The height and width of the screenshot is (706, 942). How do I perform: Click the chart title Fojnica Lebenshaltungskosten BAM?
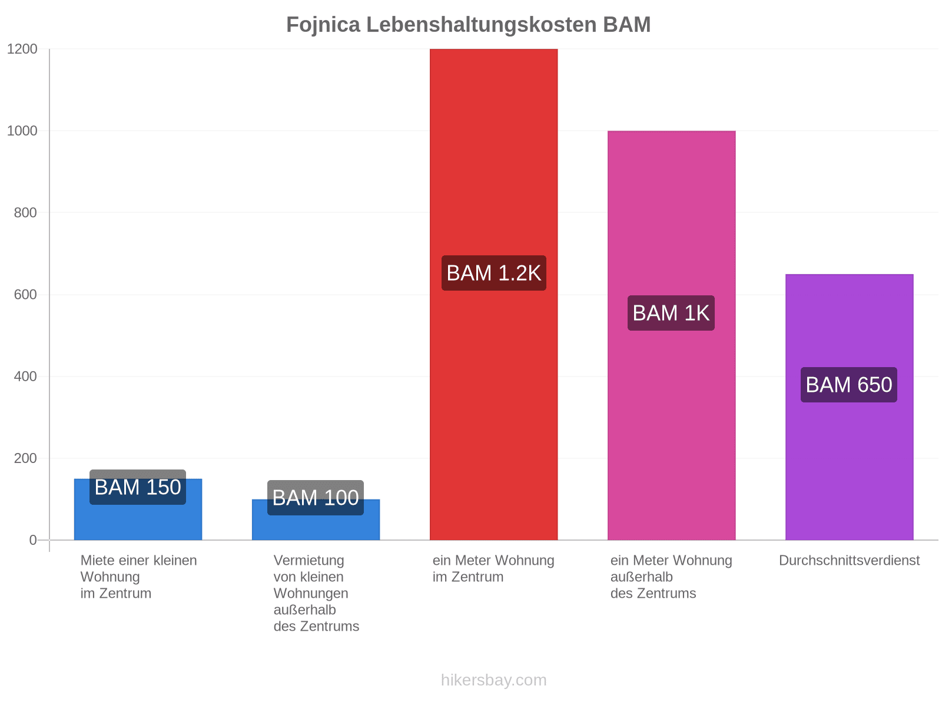[468, 25]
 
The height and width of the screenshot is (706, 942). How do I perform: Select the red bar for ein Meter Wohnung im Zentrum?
[493, 294]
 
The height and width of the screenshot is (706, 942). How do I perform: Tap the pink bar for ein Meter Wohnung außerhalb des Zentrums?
[671, 335]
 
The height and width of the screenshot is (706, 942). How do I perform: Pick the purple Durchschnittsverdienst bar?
[849, 407]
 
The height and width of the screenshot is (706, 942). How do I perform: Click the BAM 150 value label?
[138, 487]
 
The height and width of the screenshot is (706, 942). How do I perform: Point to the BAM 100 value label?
[316, 498]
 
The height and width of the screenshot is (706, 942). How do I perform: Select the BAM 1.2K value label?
[493, 273]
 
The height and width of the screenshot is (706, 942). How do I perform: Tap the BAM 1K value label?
[671, 313]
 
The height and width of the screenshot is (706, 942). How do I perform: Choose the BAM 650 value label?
[848, 385]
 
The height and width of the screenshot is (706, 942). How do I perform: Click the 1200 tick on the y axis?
[22, 49]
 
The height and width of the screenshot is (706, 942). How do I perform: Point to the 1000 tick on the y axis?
[22, 131]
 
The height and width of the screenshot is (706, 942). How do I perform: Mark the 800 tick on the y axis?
[25, 212]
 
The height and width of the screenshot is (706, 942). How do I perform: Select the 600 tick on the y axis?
[25, 295]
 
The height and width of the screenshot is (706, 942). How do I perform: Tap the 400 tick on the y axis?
[25, 377]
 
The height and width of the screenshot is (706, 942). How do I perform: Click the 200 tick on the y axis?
[25, 458]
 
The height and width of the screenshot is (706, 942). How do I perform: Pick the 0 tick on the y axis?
[33, 540]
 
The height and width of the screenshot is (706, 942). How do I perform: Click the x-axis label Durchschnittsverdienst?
[849, 560]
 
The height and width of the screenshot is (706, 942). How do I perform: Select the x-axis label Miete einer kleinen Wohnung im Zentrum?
[138, 577]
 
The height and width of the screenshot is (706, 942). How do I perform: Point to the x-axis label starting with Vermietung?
[316, 593]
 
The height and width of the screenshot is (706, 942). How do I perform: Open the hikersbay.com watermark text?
[493, 680]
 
